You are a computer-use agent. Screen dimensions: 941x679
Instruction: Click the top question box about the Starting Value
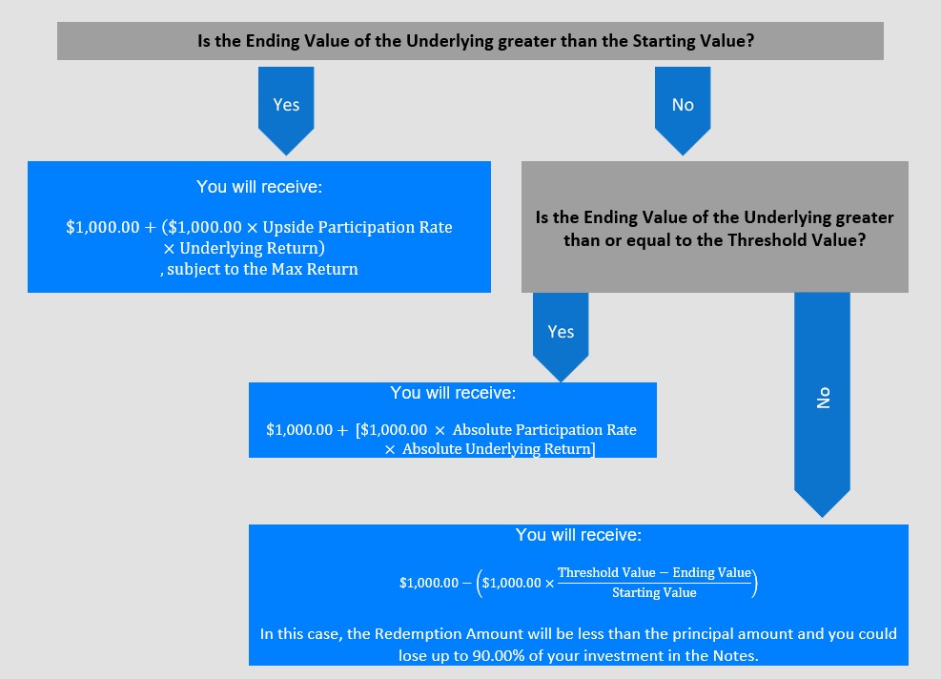pyautogui.click(x=471, y=41)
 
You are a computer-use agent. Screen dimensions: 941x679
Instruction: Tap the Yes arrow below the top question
pyautogui.click(x=286, y=111)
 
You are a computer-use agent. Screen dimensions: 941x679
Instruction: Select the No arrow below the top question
pyautogui.click(x=683, y=111)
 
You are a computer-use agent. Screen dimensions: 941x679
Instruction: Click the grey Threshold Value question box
pyautogui.click(x=715, y=227)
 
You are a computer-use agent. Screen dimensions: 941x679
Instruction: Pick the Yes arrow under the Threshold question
pyautogui.click(x=561, y=337)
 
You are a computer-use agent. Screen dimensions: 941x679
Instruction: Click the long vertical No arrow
pyautogui.click(x=822, y=404)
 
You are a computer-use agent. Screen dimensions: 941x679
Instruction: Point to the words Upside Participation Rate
pyautogui.click(x=358, y=228)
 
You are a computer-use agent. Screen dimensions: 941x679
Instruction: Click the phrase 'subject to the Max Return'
pyautogui.click(x=263, y=270)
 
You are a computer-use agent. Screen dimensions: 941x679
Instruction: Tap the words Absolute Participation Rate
pyautogui.click(x=544, y=430)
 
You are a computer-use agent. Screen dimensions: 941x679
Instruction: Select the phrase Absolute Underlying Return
pyautogui.click(x=497, y=449)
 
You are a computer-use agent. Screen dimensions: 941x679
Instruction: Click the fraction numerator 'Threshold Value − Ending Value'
pyautogui.click(x=655, y=573)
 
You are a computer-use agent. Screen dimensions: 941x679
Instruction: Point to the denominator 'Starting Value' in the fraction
pyautogui.click(x=654, y=592)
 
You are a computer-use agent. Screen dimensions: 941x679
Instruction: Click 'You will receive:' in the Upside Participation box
pyautogui.click(x=259, y=187)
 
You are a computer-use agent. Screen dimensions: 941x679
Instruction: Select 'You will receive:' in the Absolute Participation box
pyautogui.click(x=453, y=393)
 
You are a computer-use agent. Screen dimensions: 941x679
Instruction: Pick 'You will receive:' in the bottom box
pyautogui.click(x=579, y=535)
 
